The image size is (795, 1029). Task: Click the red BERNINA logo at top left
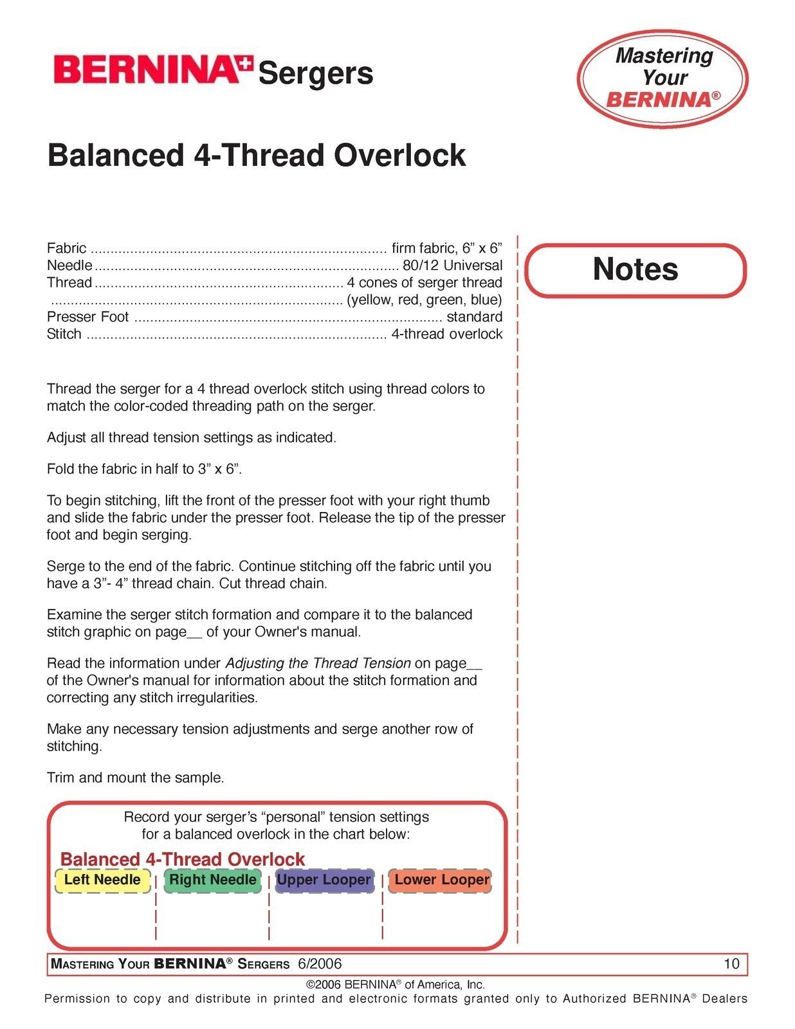[152, 69]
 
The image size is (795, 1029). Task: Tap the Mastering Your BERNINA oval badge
[662, 78]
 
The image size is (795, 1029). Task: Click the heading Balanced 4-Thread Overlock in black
[256, 156]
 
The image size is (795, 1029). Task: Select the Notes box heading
[635, 269]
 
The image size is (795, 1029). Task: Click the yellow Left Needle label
[102, 880]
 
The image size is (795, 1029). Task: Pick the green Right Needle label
[212, 880]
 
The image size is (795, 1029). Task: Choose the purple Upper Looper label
[324, 880]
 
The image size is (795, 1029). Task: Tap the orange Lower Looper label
[441, 880]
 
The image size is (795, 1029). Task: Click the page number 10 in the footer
[731, 963]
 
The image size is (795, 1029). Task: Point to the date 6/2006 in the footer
[320, 963]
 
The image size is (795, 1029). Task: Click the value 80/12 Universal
[452, 265]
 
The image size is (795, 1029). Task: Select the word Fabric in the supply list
[66, 248]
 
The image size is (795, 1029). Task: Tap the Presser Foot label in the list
[87, 316]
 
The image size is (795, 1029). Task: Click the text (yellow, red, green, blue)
[425, 300]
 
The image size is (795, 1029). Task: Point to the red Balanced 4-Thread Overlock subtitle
[182, 859]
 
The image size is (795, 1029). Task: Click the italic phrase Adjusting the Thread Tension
[318, 663]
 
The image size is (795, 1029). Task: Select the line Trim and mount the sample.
[135, 778]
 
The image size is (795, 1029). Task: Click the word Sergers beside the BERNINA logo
[315, 73]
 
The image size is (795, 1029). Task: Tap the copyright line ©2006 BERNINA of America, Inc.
[395, 984]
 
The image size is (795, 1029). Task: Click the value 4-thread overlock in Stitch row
[446, 334]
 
